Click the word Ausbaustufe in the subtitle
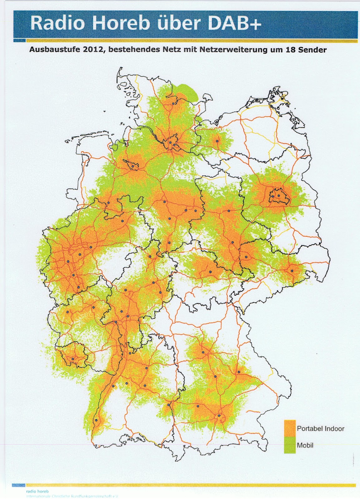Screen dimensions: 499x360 tap(52, 50)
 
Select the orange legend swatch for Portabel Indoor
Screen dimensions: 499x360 tap(290, 429)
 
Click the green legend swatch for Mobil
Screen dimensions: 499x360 tap(290, 445)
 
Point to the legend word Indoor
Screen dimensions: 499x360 tap(334, 429)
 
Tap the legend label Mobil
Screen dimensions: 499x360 tap(305, 445)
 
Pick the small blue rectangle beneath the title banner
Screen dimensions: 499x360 tap(19, 41)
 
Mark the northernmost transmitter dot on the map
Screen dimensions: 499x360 tap(173, 103)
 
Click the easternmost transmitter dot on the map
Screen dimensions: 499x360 tap(292, 271)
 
